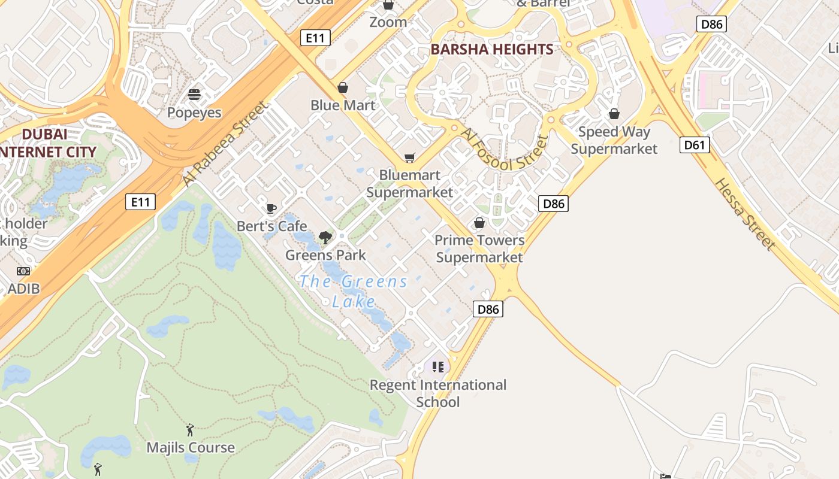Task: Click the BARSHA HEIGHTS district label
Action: pyautogui.click(x=491, y=50)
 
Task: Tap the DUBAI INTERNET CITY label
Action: pyautogui.click(x=48, y=143)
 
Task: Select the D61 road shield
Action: pyautogui.click(x=695, y=145)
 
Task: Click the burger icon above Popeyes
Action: pyautogui.click(x=194, y=95)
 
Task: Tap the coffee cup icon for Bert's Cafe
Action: pyautogui.click(x=271, y=208)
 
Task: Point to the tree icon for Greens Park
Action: pyautogui.click(x=325, y=237)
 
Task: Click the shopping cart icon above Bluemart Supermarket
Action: pyautogui.click(x=410, y=157)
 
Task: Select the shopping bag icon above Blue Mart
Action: pyautogui.click(x=343, y=87)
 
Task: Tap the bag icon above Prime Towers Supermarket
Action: pyautogui.click(x=479, y=223)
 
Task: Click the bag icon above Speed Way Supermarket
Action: pyautogui.click(x=614, y=114)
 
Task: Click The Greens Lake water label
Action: pyautogui.click(x=354, y=291)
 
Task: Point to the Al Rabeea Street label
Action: pyautogui.click(x=225, y=144)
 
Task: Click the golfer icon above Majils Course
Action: pyautogui.click(x=190, y=429)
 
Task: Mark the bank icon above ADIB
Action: pyautogui.click(x=23, y=271)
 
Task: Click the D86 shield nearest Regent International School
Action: pyautogui.click(x=488, y=310)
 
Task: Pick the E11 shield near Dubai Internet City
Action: pyautogui.click(x=140, y=202)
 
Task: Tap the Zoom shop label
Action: pyautogui.click(x=388, y=22)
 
